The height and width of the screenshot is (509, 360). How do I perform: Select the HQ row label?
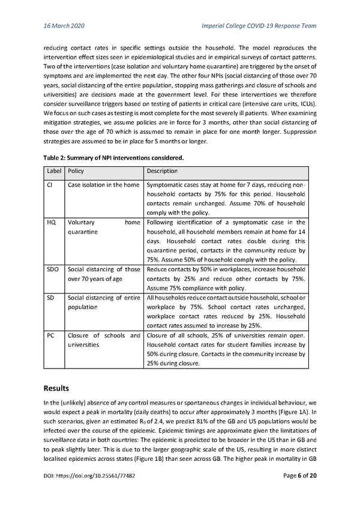(x=52, y=223)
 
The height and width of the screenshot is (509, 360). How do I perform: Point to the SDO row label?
(x=53, y=270)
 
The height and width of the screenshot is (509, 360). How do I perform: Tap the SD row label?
(x=51, y=298)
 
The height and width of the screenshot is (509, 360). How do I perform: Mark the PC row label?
(x=51, y=336)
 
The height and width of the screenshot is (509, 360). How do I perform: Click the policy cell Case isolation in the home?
(x=103, y=185)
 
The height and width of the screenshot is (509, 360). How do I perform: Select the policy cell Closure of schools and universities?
(x=103, y=340)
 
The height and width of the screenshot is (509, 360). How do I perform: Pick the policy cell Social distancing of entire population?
(x=103, y=303)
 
